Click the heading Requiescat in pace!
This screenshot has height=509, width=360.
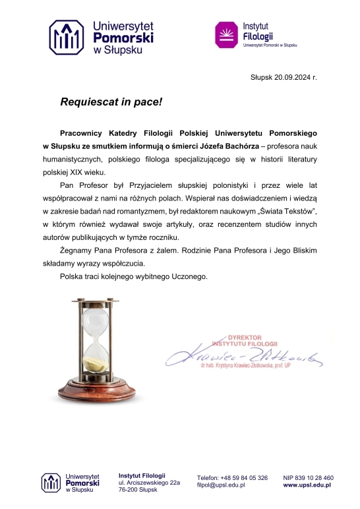[111, 102]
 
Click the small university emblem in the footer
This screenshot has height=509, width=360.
[51, 483]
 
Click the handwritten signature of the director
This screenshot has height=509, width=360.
[244, 357]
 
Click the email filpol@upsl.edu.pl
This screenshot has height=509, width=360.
[221, 485]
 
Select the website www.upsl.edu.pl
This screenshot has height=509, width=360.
[307, 485]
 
